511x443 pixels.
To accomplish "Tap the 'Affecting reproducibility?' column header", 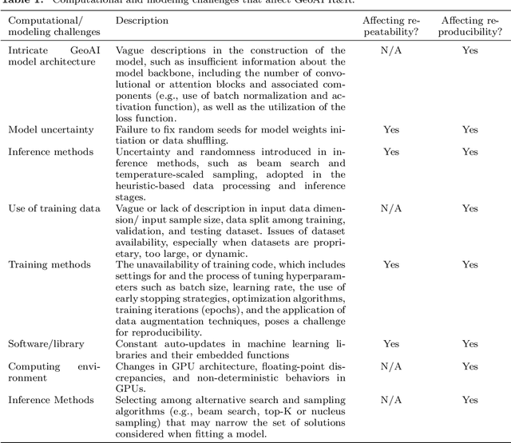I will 470,25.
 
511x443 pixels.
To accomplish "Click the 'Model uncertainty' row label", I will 51,129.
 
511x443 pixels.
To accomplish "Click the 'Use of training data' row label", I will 54,208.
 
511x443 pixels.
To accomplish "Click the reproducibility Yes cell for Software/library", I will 470,344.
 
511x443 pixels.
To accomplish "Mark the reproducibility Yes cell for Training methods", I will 470,264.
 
